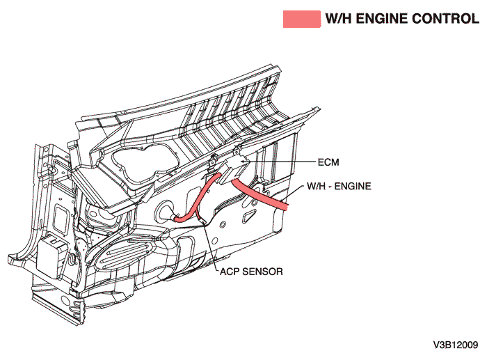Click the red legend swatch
point(301,19)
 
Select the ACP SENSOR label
point(251,272)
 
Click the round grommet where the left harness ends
point(169,212)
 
